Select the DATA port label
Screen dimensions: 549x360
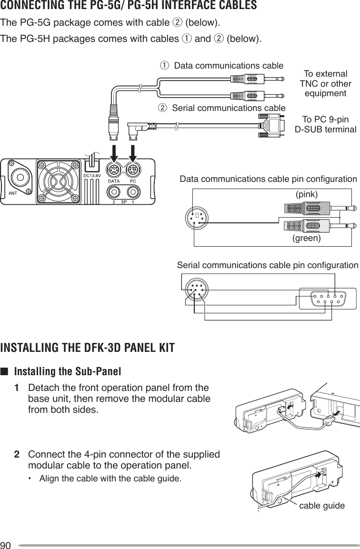pyautogui.click(x=113, y=181)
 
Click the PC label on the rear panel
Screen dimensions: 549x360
pyautogui.click(x=133, y=181)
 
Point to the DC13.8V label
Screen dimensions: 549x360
pyautogui.click(x=93, y=175)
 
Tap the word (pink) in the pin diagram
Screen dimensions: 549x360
pyautogui.click(x=307, y=194)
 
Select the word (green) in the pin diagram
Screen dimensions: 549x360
pyautogui.click(x=307, y=238)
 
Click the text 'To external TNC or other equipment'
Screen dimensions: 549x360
pyautogui.click(x=325, y=83)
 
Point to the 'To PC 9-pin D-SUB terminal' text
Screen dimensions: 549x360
pyautogui.click(x=325, y=124)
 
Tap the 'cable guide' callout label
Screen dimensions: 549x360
pyautogui.click(x=322, y=505)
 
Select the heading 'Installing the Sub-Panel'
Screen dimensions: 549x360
pyautogui.click(x=68, y=371)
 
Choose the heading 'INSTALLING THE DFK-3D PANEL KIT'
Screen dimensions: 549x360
pyautogui.click(x=88, y=346)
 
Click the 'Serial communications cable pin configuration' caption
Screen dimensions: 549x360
pyautogui.click(x=268, y=265)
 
